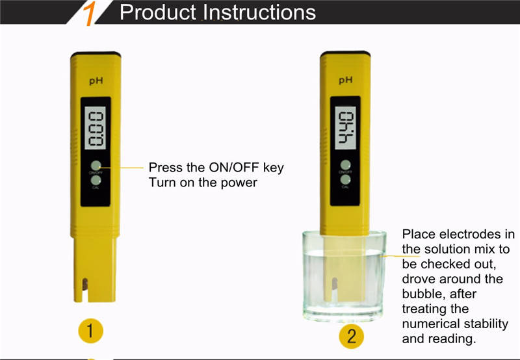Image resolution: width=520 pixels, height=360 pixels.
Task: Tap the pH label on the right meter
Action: [x=346, y=81]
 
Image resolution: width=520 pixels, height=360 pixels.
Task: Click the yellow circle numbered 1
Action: [x=91, y=331]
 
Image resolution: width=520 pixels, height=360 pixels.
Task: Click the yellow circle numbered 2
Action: [x=352, y=336]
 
